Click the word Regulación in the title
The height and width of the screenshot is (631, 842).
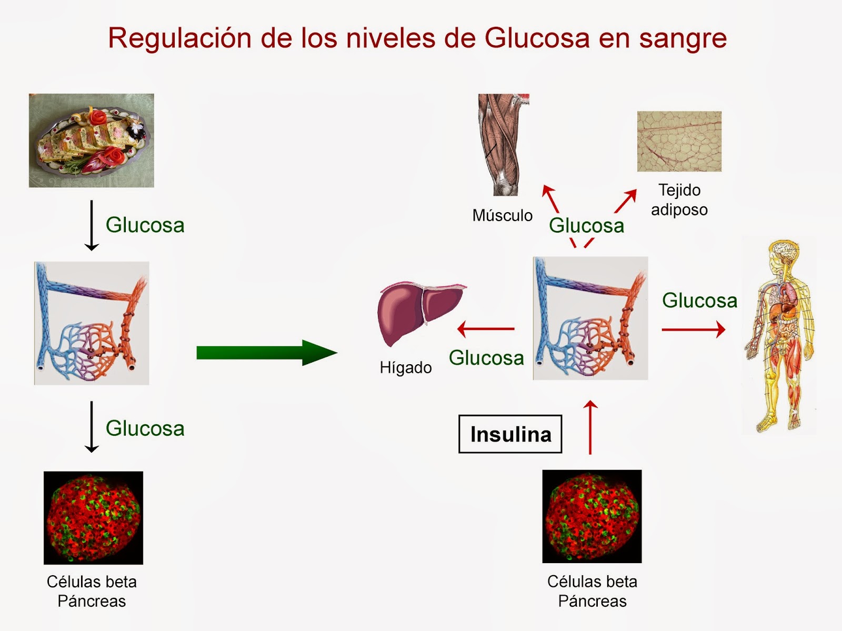point(179,39)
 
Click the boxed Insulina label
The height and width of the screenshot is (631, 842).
point(510,434)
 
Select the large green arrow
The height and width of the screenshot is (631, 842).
point(267,353)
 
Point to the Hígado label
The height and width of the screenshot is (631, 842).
point(405,367)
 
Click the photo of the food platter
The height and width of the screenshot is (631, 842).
point(91,141)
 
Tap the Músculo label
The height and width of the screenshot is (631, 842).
point(502,215)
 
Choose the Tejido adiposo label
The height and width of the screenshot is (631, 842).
point(679,200)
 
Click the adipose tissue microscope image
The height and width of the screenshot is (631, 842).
point(679,141)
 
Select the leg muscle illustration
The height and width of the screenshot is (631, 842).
point(504,145)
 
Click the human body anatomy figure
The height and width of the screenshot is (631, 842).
point(779,336)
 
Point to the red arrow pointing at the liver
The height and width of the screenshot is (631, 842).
point(486,329)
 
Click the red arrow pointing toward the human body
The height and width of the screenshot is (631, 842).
point(694,329)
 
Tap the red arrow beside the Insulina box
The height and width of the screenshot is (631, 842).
point(590,427)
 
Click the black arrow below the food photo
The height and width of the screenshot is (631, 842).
point(91,225)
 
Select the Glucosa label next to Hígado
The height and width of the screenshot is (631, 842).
point(486,358)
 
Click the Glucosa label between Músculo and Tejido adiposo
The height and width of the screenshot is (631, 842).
point(586,226)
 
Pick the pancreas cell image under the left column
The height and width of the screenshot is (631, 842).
point(93,518)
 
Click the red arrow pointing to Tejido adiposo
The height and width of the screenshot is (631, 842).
point(626,201)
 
